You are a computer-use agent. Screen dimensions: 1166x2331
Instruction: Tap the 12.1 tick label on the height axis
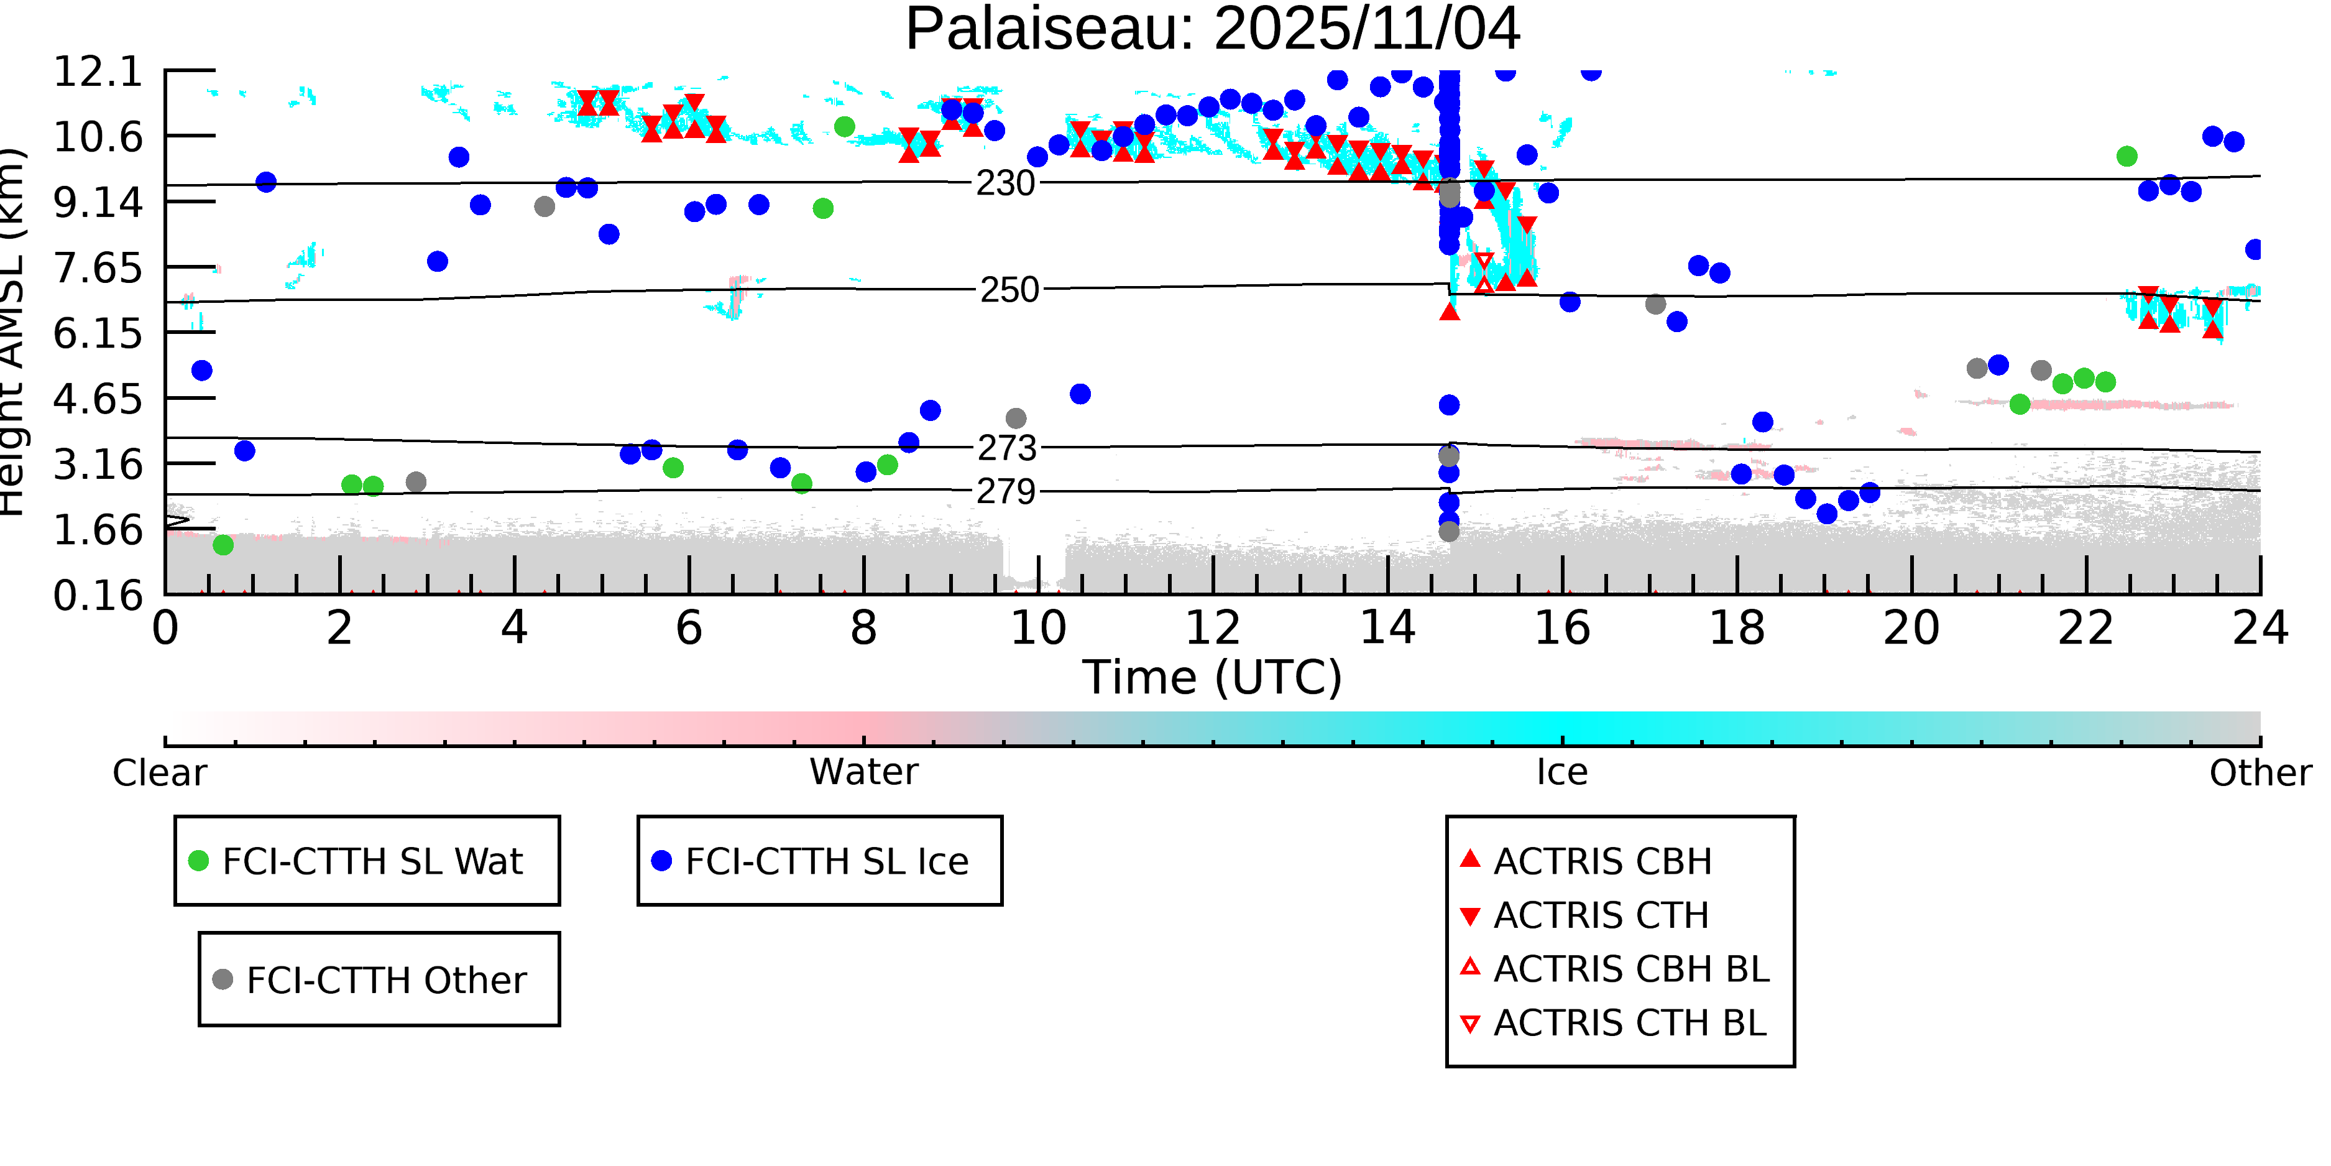point(98,72)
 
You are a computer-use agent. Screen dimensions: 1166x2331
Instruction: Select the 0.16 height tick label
point(98,596)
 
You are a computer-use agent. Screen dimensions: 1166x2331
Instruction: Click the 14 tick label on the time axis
point(1387,628)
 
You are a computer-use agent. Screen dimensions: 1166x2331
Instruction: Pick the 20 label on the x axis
point(1911,628)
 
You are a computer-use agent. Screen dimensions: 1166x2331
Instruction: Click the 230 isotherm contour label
point(1005,184)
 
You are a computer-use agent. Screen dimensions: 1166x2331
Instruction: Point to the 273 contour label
point(1006,448)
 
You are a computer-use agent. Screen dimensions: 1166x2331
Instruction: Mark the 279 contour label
point(1005,491)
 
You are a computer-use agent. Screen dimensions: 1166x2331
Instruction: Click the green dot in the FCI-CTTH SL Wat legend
point(198,861)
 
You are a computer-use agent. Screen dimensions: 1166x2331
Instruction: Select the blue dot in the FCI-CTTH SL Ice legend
point(661,861)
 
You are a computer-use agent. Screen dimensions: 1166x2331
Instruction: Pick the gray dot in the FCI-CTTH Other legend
point(223,979)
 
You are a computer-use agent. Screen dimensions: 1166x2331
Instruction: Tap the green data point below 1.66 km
point(223,545)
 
